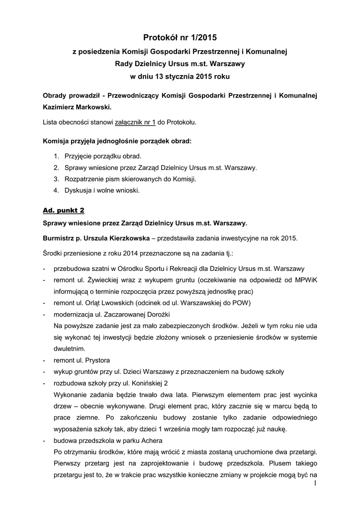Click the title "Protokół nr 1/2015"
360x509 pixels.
click(180, 37)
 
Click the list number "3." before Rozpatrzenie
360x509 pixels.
click(57, 179)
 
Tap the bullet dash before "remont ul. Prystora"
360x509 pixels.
click(45, 360)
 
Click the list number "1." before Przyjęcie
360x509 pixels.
click(57, 156)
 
